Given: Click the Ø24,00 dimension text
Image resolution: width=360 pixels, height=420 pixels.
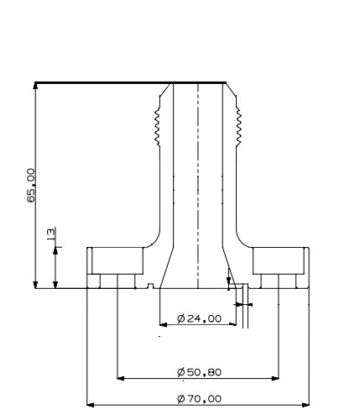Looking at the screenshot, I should [200, 318].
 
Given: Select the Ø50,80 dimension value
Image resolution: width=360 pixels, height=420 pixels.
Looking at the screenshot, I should [200, 371].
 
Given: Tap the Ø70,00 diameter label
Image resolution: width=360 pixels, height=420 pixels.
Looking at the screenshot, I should [200, 398].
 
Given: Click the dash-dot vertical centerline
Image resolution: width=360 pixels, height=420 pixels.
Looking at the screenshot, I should [197, 185].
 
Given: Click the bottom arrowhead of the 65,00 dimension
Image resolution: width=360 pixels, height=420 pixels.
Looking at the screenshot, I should [35, 285].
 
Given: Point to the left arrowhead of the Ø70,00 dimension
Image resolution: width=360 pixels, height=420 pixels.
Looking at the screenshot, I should [91, 404].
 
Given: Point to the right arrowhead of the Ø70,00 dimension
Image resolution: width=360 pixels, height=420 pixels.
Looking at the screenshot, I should [306, 404].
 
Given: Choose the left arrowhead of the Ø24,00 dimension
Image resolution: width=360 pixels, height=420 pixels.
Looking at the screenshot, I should [162, 324].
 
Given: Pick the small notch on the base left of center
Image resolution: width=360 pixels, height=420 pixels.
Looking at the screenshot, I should [149, 287].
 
